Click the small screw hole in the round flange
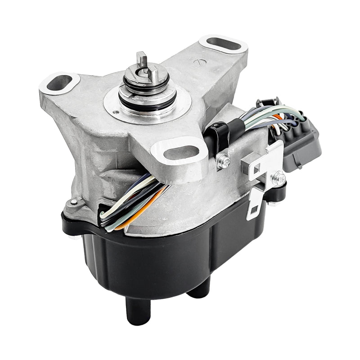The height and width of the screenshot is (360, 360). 117,111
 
